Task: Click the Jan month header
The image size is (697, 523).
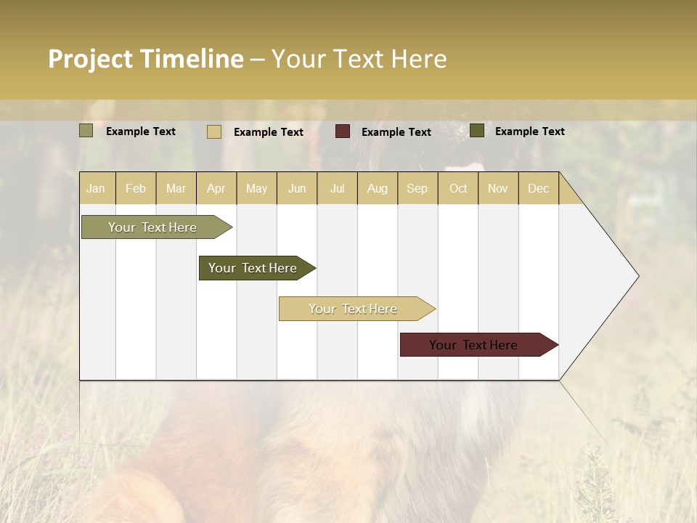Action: tap(96, 188)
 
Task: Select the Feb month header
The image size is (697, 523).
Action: tap(136, 188)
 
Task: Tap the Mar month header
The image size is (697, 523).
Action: tap(176, 188)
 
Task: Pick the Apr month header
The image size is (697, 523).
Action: tap(216, 188)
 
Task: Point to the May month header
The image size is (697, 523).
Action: tap(256, 188)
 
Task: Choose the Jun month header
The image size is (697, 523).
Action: tap(297, 188)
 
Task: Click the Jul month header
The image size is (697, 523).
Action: tap(337, 188)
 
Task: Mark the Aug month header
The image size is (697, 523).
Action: tap(378, 188)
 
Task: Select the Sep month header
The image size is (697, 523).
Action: tap(417, 188)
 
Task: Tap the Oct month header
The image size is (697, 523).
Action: tap(458, 188)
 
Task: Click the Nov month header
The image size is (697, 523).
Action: tap(498, 188)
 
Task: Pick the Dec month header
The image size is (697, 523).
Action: tap(538, 188)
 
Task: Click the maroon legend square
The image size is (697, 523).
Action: tap(343, 131)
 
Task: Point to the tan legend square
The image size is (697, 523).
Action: tap(214, 131)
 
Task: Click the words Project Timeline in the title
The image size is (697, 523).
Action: tap(146, 59)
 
